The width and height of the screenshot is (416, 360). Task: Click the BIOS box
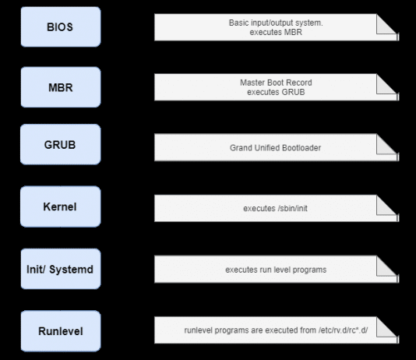[x=60, y=26]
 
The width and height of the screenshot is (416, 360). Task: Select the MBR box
[x=60, y=86]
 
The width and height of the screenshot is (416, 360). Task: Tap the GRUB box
[x=60, y=145]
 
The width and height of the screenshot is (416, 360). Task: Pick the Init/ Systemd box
[x=60, y=270]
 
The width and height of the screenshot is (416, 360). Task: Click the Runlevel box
[x=60, y=330]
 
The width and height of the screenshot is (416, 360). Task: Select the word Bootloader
[x=304, y=146]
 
